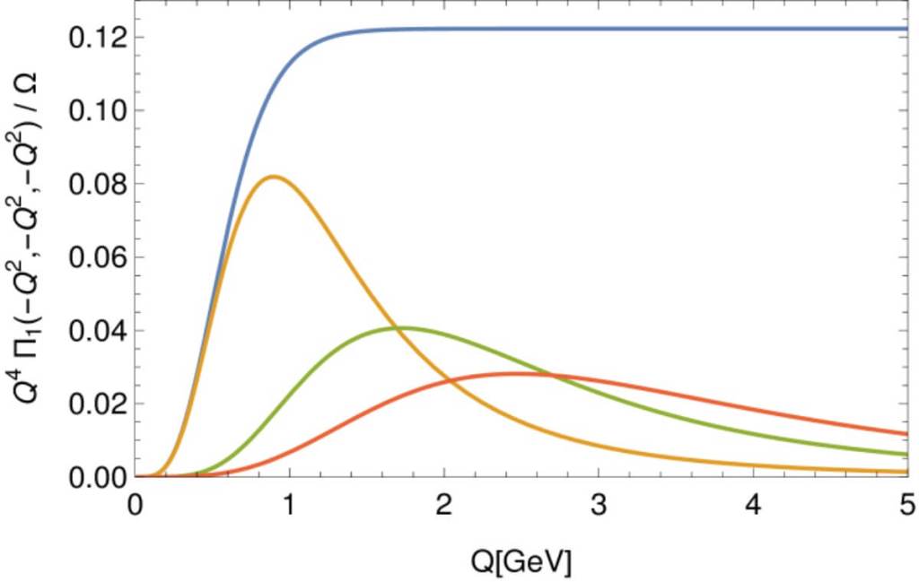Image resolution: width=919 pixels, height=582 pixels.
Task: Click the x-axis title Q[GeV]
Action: [521, 561]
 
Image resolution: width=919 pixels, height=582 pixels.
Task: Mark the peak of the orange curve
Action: [274, 177]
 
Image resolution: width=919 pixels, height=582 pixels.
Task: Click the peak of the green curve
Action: [403, 327]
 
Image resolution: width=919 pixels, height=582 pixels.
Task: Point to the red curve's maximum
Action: [521, 373]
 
